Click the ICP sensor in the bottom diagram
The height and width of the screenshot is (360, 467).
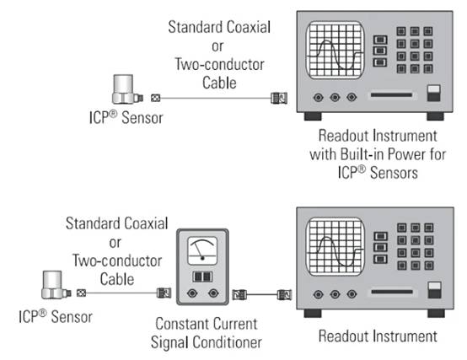(56, 285)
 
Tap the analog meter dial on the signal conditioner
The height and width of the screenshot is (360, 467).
(202, 251)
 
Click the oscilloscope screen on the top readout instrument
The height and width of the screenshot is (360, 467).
(335, 50)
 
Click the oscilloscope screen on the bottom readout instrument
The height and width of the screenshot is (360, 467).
(335, 246)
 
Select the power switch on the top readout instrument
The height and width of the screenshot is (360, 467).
(433, 94)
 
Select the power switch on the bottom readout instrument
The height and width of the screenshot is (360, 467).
(434, 290)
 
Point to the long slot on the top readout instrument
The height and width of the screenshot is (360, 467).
(391, 95)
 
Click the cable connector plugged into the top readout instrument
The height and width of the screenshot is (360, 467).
(279, 98)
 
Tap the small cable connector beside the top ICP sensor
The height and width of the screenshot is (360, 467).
(155, 98)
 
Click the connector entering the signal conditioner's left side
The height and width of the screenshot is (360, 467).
(164, 293)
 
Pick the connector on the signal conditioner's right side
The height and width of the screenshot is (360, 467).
(239, 294)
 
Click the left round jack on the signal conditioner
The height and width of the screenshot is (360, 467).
(192, 293)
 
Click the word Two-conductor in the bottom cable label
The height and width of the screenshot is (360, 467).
(117, 261)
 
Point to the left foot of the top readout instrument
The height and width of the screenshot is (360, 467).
(313, 116)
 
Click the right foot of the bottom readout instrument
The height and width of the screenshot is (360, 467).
(437, 314)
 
